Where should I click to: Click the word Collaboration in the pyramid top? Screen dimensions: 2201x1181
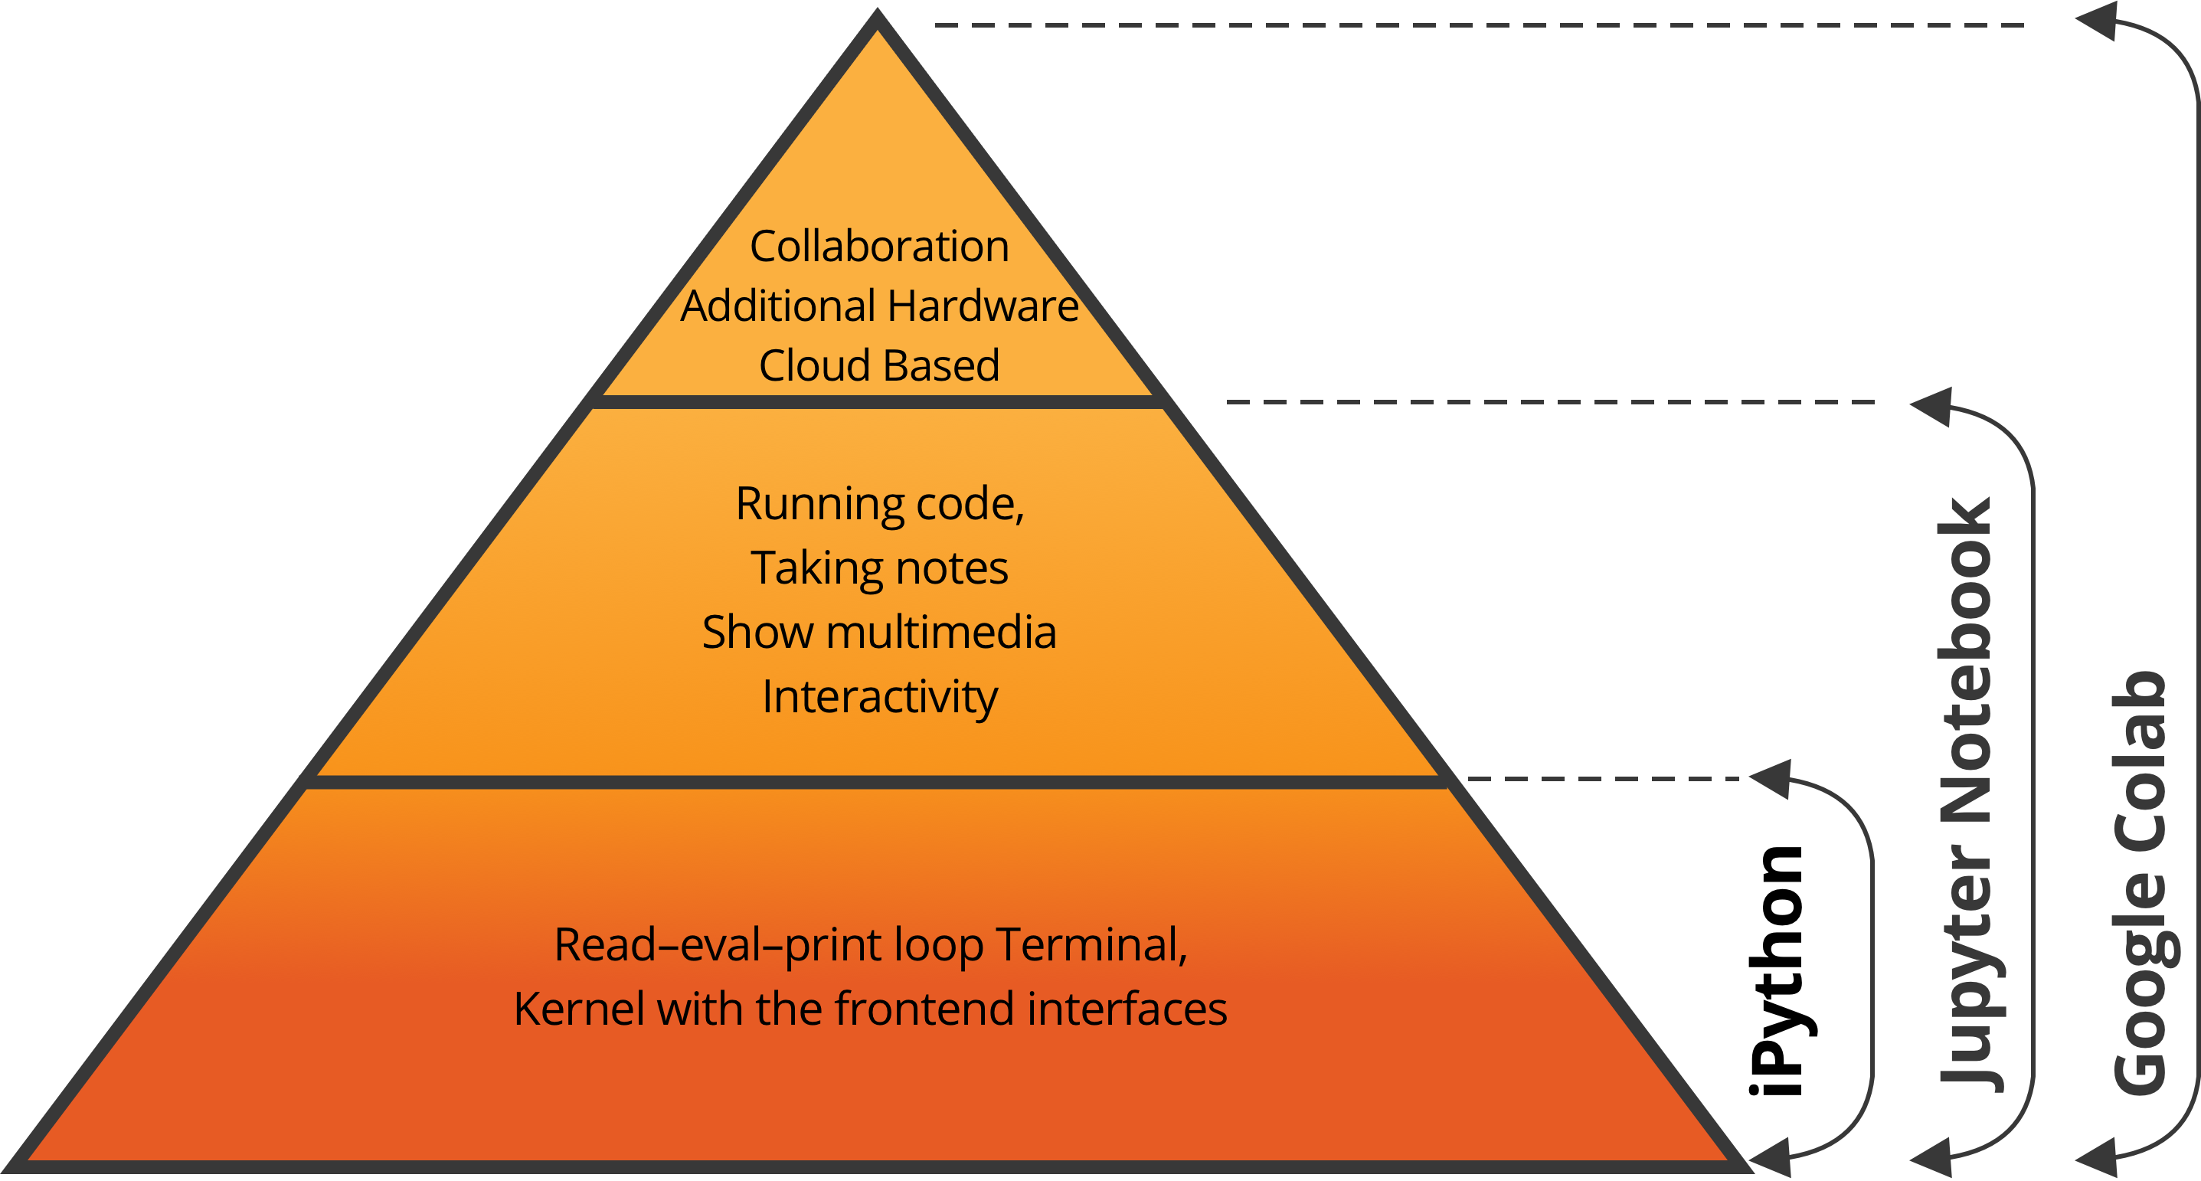click(x=879, y=246)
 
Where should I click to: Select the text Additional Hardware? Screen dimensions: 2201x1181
click(x=879, y=306)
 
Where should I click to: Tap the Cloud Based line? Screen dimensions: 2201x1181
click(x=879, y=366)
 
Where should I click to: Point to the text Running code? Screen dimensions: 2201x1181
click(x=880, y=503)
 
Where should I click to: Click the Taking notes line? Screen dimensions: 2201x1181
click(x=879, y=568)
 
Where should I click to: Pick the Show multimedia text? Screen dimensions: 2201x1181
click(x=879, y=633)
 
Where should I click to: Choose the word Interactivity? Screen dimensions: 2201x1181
click(x=880, y=697)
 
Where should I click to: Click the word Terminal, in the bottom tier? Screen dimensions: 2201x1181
click(x=1092, y=945)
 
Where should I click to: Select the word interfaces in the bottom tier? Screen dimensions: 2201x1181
click(x=1128, y=1009)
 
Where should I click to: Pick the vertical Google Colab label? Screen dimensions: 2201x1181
click(x=2140, y=882)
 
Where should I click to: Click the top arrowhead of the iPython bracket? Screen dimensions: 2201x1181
click(x=1772, y=778)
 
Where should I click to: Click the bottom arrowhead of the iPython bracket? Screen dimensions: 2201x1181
click(x=1772, y=1159)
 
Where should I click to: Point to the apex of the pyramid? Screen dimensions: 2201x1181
click(x=878, y=10)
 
